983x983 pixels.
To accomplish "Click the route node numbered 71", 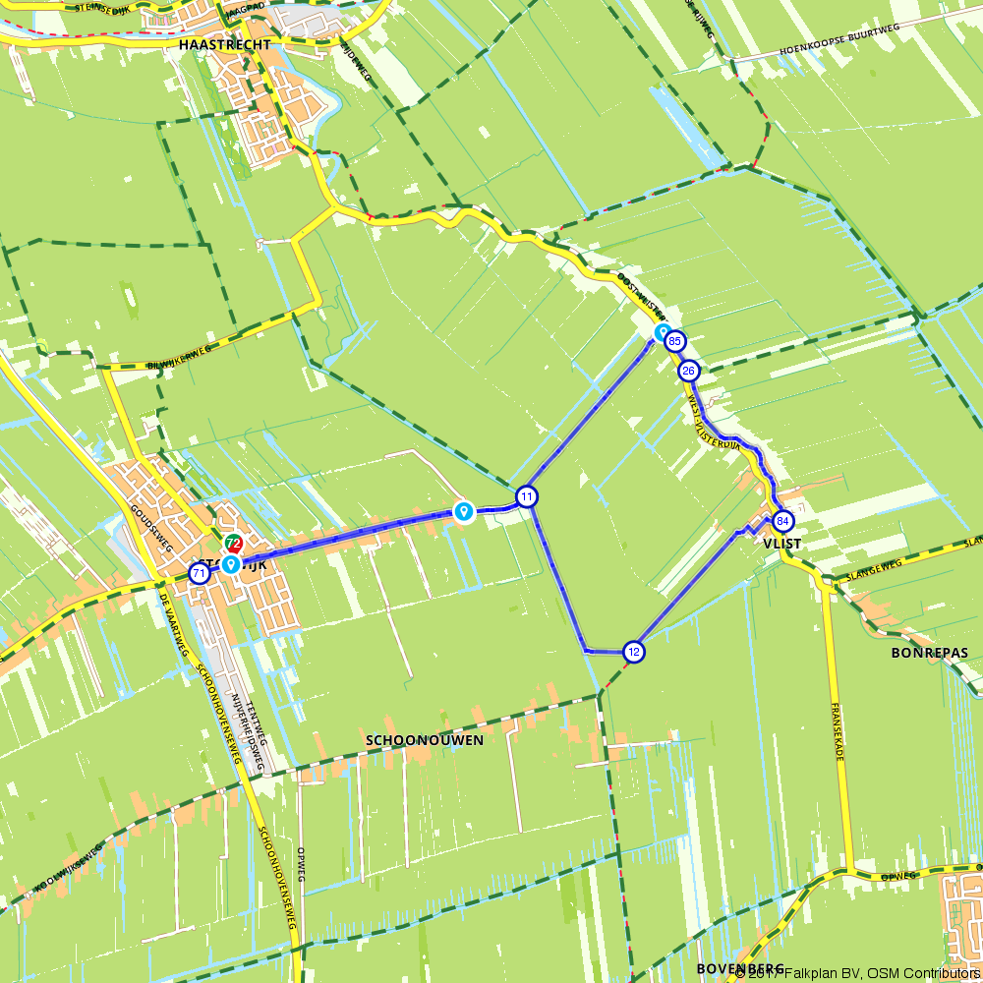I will [199, 573].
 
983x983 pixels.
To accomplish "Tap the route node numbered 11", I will [528, 496].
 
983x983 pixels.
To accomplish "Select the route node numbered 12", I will [634, 651].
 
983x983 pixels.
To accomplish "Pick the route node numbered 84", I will [782, 521].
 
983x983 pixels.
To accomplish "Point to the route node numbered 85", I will [674, 342].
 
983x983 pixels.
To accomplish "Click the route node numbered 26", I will [689, 371].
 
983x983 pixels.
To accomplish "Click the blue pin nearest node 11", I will [463, 511].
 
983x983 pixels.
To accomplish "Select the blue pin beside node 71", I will [229, 564].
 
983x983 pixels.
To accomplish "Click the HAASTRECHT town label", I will [225, 45].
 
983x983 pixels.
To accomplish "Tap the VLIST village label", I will [780, 544].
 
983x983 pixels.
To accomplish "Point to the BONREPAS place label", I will [930, 653].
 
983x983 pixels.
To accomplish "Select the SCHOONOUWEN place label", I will [424, 740].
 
